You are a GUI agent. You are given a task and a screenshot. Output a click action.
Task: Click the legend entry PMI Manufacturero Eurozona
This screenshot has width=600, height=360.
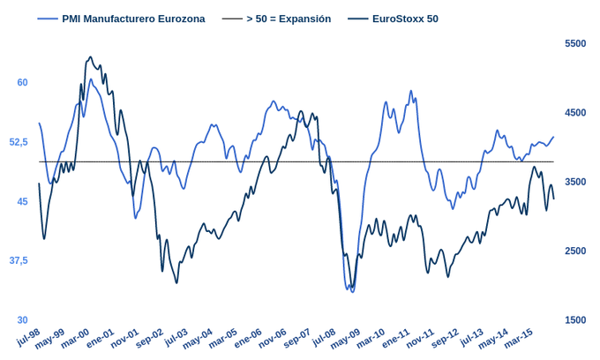(x=133, y=19)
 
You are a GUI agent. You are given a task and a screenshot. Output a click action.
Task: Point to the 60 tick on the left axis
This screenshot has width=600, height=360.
(x=23, y=82)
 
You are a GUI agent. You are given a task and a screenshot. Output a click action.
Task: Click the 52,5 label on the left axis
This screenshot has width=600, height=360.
(x=19, y=142)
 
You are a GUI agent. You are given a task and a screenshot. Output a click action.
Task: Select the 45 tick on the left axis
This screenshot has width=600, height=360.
(x=23, y=201)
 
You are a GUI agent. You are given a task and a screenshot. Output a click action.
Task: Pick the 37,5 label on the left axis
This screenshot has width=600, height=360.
(x=19, y=260)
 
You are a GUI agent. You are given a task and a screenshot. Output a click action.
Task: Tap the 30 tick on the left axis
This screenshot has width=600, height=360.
(x=23, y=319)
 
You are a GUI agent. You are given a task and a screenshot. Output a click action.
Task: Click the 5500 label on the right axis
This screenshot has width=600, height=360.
(x=574, y=43)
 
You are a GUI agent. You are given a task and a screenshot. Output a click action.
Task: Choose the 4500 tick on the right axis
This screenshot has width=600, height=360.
(x=574, y=113)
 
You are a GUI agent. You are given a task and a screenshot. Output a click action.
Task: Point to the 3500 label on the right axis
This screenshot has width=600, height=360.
(x=574, y=182)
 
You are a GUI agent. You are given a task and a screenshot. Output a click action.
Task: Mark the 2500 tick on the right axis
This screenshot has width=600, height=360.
(x=574, y=251)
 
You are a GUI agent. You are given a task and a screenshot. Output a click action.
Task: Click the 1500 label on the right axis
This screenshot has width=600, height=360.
(x=574, y=319)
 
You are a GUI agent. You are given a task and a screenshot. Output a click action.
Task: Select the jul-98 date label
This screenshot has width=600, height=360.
(x=29, y=338)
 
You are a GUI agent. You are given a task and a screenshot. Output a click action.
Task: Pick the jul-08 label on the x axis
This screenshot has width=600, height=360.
(x=323, y=338)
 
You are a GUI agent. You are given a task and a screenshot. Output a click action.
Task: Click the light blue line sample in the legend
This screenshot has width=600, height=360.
(x=48, y=19)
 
